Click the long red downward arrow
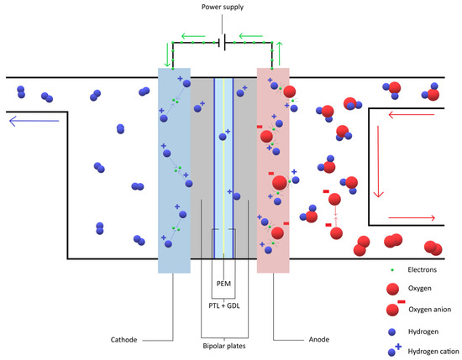tap(380, 160)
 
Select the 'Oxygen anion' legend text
tap(431, 309)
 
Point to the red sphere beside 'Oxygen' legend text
tap(392, 290)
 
